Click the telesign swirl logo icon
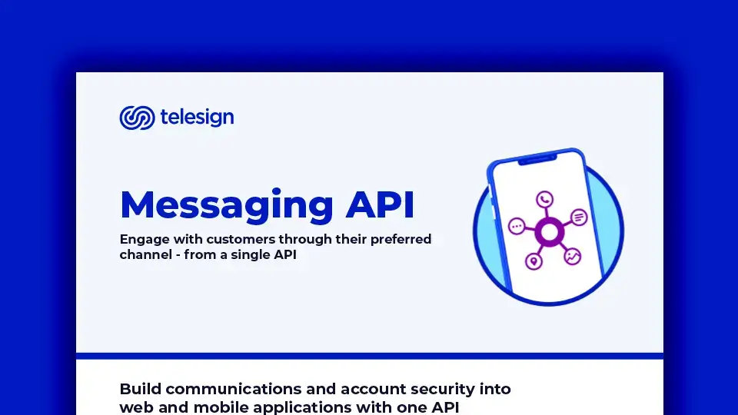click(137, 118)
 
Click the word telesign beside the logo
click(197, 118)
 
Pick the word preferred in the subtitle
click(401, 239)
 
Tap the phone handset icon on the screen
click(545, 200)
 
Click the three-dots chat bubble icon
click(517, 227)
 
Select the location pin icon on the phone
click(534, 262)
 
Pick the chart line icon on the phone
click(572, 257)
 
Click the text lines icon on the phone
click(579, 217)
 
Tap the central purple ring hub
click(549, 231)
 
